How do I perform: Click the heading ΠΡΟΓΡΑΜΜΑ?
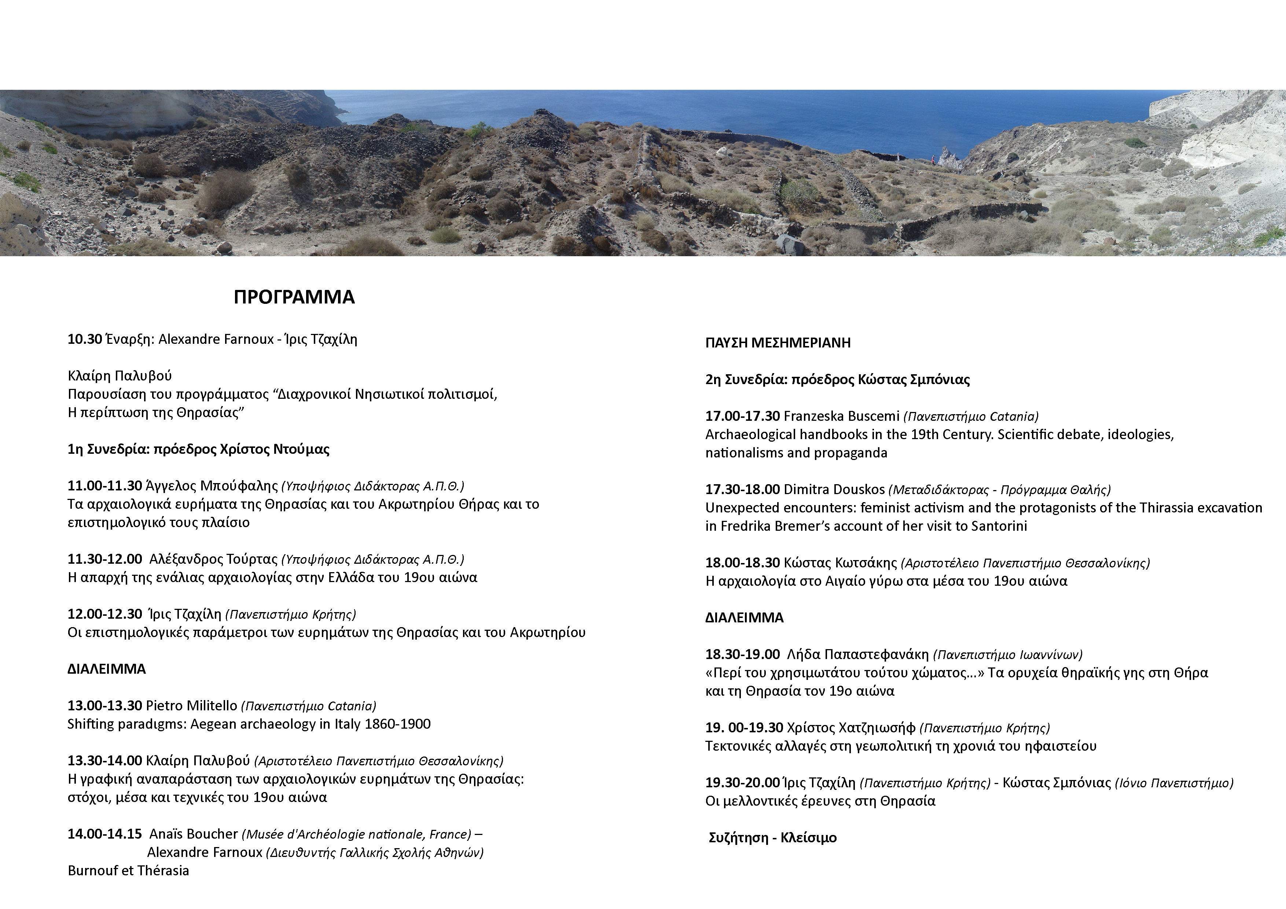point(294,297)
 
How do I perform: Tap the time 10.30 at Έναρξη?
point(85,339)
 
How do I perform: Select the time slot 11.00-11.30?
point(104,486)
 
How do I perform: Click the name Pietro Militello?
point(192,706)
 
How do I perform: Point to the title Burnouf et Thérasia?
point(128,871)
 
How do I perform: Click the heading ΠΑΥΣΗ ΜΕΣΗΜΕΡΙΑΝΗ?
point(778,343)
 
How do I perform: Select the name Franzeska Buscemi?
point(841,416)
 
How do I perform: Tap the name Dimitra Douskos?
point(834,490)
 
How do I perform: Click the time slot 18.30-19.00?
point(742,654)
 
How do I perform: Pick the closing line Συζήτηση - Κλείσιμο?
point(772,838)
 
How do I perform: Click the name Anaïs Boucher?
point(193,834)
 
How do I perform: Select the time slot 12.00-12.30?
point(104,614)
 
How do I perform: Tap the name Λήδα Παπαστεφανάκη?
point(857,654)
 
